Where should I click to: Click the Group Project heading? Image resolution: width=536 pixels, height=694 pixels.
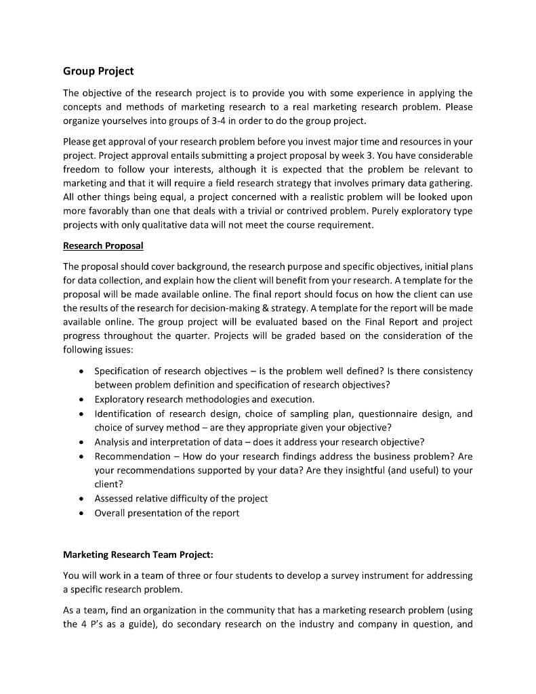tap(98, 71)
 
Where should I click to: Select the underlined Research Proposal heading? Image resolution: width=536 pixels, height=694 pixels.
tap(103, 245)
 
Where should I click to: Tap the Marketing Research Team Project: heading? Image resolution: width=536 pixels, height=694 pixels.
tap(138, 554)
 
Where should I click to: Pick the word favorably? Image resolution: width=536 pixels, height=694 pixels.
tap(109, 211)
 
